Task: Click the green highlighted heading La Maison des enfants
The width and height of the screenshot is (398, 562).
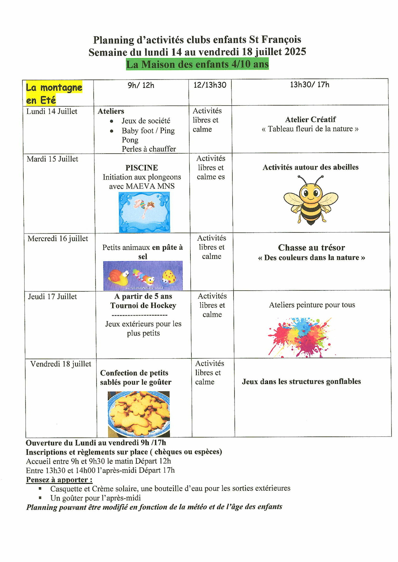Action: pos(197,64)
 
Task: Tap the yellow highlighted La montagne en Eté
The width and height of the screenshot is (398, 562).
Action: pos(54,93)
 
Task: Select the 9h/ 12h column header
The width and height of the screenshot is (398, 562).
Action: pos(141,85)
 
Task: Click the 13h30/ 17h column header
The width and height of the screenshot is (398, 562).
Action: pos(309,85)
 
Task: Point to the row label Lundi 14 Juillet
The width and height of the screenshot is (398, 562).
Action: pos(52,112)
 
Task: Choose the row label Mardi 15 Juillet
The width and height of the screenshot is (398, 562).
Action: pos(52,159)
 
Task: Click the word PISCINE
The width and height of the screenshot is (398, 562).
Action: pos(142,168)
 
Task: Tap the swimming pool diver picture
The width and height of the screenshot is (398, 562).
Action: pos(144,212)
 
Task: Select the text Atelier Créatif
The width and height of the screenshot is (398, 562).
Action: pos(310,120)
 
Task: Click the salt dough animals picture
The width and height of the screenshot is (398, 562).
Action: pos(143,276)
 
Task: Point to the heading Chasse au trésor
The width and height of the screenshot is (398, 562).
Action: pos(311,248)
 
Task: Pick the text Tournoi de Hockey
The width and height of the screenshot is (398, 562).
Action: pos(143,306)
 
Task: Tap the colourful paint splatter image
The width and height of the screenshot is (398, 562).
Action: pos(300,337)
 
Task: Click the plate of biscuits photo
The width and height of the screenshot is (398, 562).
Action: pos(139,414)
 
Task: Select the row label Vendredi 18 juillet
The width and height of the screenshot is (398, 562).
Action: pos(61,364)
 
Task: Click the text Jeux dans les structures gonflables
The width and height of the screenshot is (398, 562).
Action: pos(301,382)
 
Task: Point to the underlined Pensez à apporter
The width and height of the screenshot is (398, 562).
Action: pos(59,480)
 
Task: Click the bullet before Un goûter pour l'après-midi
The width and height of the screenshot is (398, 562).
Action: pos(40,497)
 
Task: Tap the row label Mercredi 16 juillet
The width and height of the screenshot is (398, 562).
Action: pos(58,238)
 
